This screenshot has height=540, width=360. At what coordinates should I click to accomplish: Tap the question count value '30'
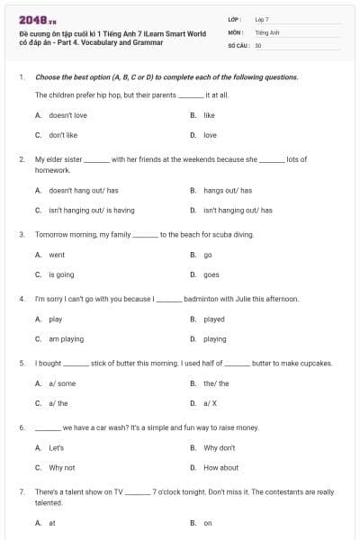click(258, 44)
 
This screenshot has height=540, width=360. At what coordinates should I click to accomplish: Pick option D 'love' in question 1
click(210, 135)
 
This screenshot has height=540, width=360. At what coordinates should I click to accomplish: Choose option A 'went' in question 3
click(57, 255)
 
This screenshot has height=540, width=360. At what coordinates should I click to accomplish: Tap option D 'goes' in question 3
click(211, 274)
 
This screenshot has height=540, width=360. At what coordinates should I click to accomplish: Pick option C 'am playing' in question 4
click(66, 339)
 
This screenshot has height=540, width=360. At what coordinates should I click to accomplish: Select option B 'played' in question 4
click(213, 319)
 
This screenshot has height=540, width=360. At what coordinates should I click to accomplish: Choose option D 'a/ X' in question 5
click(210, 403)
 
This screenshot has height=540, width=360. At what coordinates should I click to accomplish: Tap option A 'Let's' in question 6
click(56, 447)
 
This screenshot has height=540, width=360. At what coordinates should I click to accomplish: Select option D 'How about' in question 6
click(220, 467)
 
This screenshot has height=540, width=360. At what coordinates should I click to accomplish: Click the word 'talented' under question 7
click(49, 503)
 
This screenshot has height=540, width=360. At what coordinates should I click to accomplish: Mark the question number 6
click(21, 427)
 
